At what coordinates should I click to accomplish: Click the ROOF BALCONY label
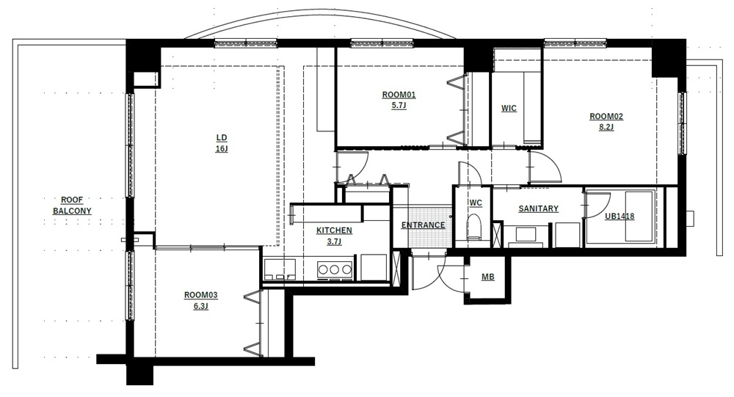72,205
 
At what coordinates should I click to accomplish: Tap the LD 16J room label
222,143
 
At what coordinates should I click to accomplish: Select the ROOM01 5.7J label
399,101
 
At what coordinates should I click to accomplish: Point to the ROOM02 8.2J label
606,122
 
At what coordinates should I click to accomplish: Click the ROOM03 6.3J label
201,301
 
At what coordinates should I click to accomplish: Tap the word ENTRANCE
424,225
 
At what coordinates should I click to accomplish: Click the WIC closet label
509,108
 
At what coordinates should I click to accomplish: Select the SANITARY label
538,209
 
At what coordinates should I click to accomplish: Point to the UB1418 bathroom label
619,216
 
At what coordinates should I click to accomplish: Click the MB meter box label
488,277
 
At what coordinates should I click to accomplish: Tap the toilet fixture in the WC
474,227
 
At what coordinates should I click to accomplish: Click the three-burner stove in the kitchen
334,270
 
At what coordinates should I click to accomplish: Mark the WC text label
476,203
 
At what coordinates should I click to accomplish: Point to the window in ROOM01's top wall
382,43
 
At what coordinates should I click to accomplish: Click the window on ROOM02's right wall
683,123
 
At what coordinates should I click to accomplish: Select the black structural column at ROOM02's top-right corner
669,59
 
